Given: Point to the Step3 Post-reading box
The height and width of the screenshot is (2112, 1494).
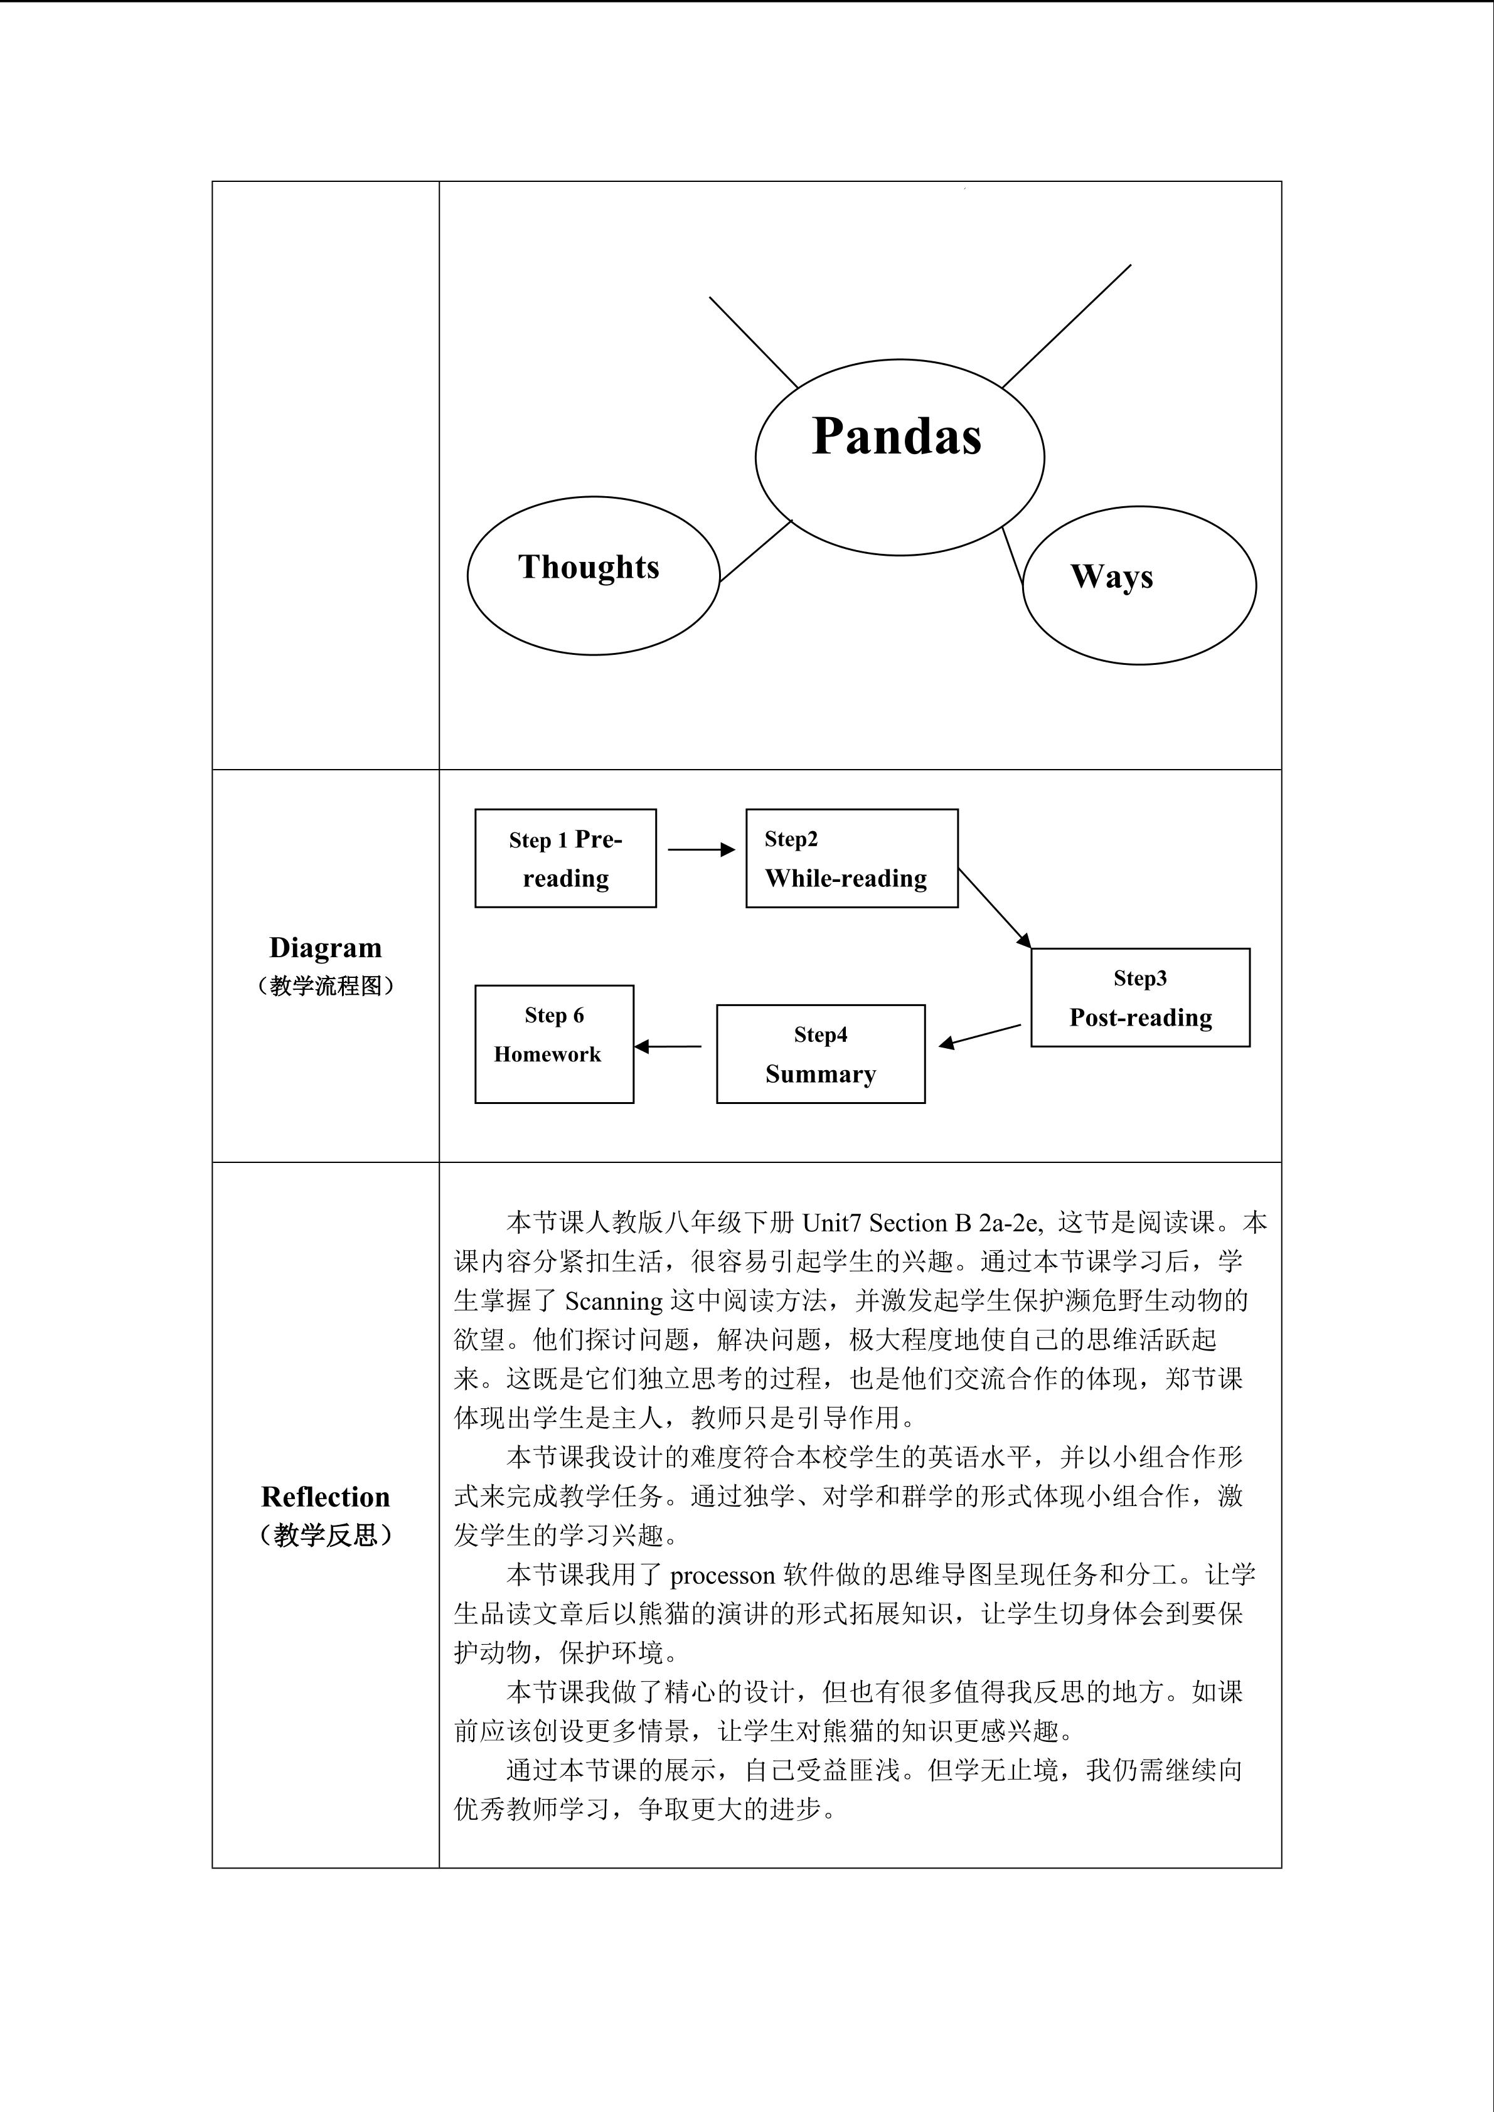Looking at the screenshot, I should click(x=1140, y=998).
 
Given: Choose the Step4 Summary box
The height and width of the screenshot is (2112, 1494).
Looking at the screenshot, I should click(x=821, y=1054).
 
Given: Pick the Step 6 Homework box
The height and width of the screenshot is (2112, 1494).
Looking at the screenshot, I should click(x=554, y=1044).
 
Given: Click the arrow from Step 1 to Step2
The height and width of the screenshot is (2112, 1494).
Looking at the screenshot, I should click(x=700, y=850).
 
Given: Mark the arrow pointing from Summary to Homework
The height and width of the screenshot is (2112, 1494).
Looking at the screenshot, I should click(x=668, y=1046).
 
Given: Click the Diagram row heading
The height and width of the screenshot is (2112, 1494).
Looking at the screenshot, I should click(x=326, y=947).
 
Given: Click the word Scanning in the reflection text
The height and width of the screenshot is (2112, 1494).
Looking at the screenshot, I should click(x=614, y=1301).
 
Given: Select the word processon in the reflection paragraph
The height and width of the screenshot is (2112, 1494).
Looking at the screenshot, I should click(x=722, y=1576).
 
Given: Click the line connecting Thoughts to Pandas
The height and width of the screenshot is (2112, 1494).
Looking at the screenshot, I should click(x=755, y=551).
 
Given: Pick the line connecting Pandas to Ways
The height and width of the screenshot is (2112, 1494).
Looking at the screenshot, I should click(x=1013, y=556).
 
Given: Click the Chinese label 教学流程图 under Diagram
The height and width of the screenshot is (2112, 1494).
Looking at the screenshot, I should click(x=326, y=986).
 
